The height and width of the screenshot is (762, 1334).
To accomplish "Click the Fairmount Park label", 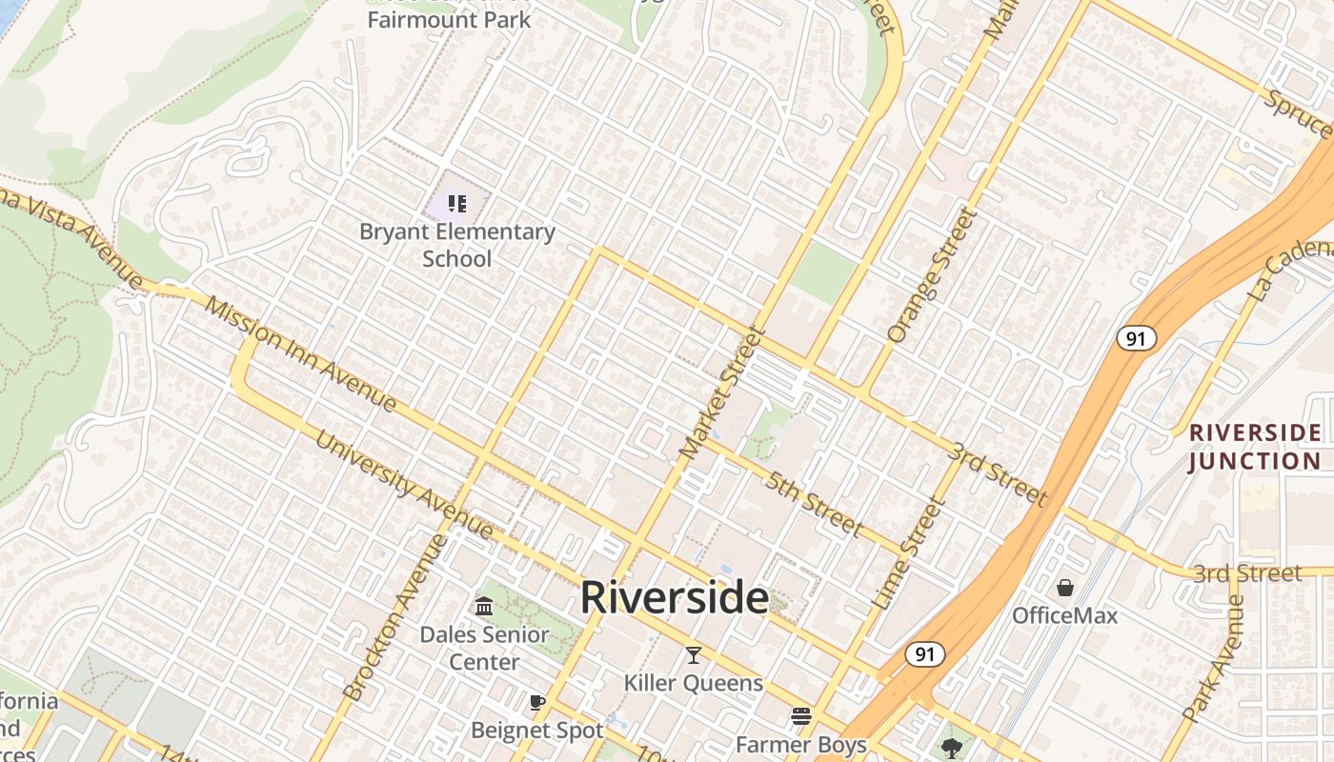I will click(449, 19).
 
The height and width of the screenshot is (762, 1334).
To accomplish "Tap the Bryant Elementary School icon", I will click(457, 203).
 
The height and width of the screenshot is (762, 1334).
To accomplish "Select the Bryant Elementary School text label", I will click(457, 245).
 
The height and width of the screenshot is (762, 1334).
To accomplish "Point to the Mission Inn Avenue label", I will click(300, 354).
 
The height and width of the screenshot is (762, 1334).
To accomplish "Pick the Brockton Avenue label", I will click(394, 618).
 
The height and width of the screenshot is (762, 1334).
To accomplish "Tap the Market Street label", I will click(723, 392).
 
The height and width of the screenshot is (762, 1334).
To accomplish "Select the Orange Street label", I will click(932, 275).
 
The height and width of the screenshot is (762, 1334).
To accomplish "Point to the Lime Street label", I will click(906, 554).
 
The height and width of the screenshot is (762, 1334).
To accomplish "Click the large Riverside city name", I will click(674, 598).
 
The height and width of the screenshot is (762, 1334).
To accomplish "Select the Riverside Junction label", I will click(1255, 447).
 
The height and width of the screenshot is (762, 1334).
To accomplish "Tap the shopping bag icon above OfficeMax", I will click(1064, 588).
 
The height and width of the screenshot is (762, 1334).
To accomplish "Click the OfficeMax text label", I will click(1064, 615).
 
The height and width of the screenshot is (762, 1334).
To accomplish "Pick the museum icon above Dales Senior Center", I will click(484, 607).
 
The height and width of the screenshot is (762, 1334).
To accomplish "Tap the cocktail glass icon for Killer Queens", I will click(693, 655).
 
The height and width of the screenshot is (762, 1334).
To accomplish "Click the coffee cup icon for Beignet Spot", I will click(537, 703).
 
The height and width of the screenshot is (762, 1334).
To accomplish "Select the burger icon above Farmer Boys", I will click(801, 716).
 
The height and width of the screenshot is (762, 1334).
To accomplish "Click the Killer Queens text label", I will click(693, 683).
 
